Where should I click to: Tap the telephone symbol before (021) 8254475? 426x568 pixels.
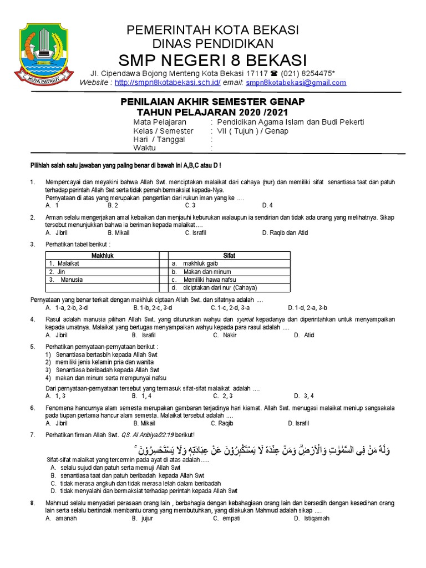click(x=274, y=74)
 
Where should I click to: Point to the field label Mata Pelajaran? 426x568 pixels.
click(x=160, y=122)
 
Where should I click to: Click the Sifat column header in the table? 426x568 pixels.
click(x=229, y=256)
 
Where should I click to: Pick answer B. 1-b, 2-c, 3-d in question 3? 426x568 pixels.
click(x=153, y=307)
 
